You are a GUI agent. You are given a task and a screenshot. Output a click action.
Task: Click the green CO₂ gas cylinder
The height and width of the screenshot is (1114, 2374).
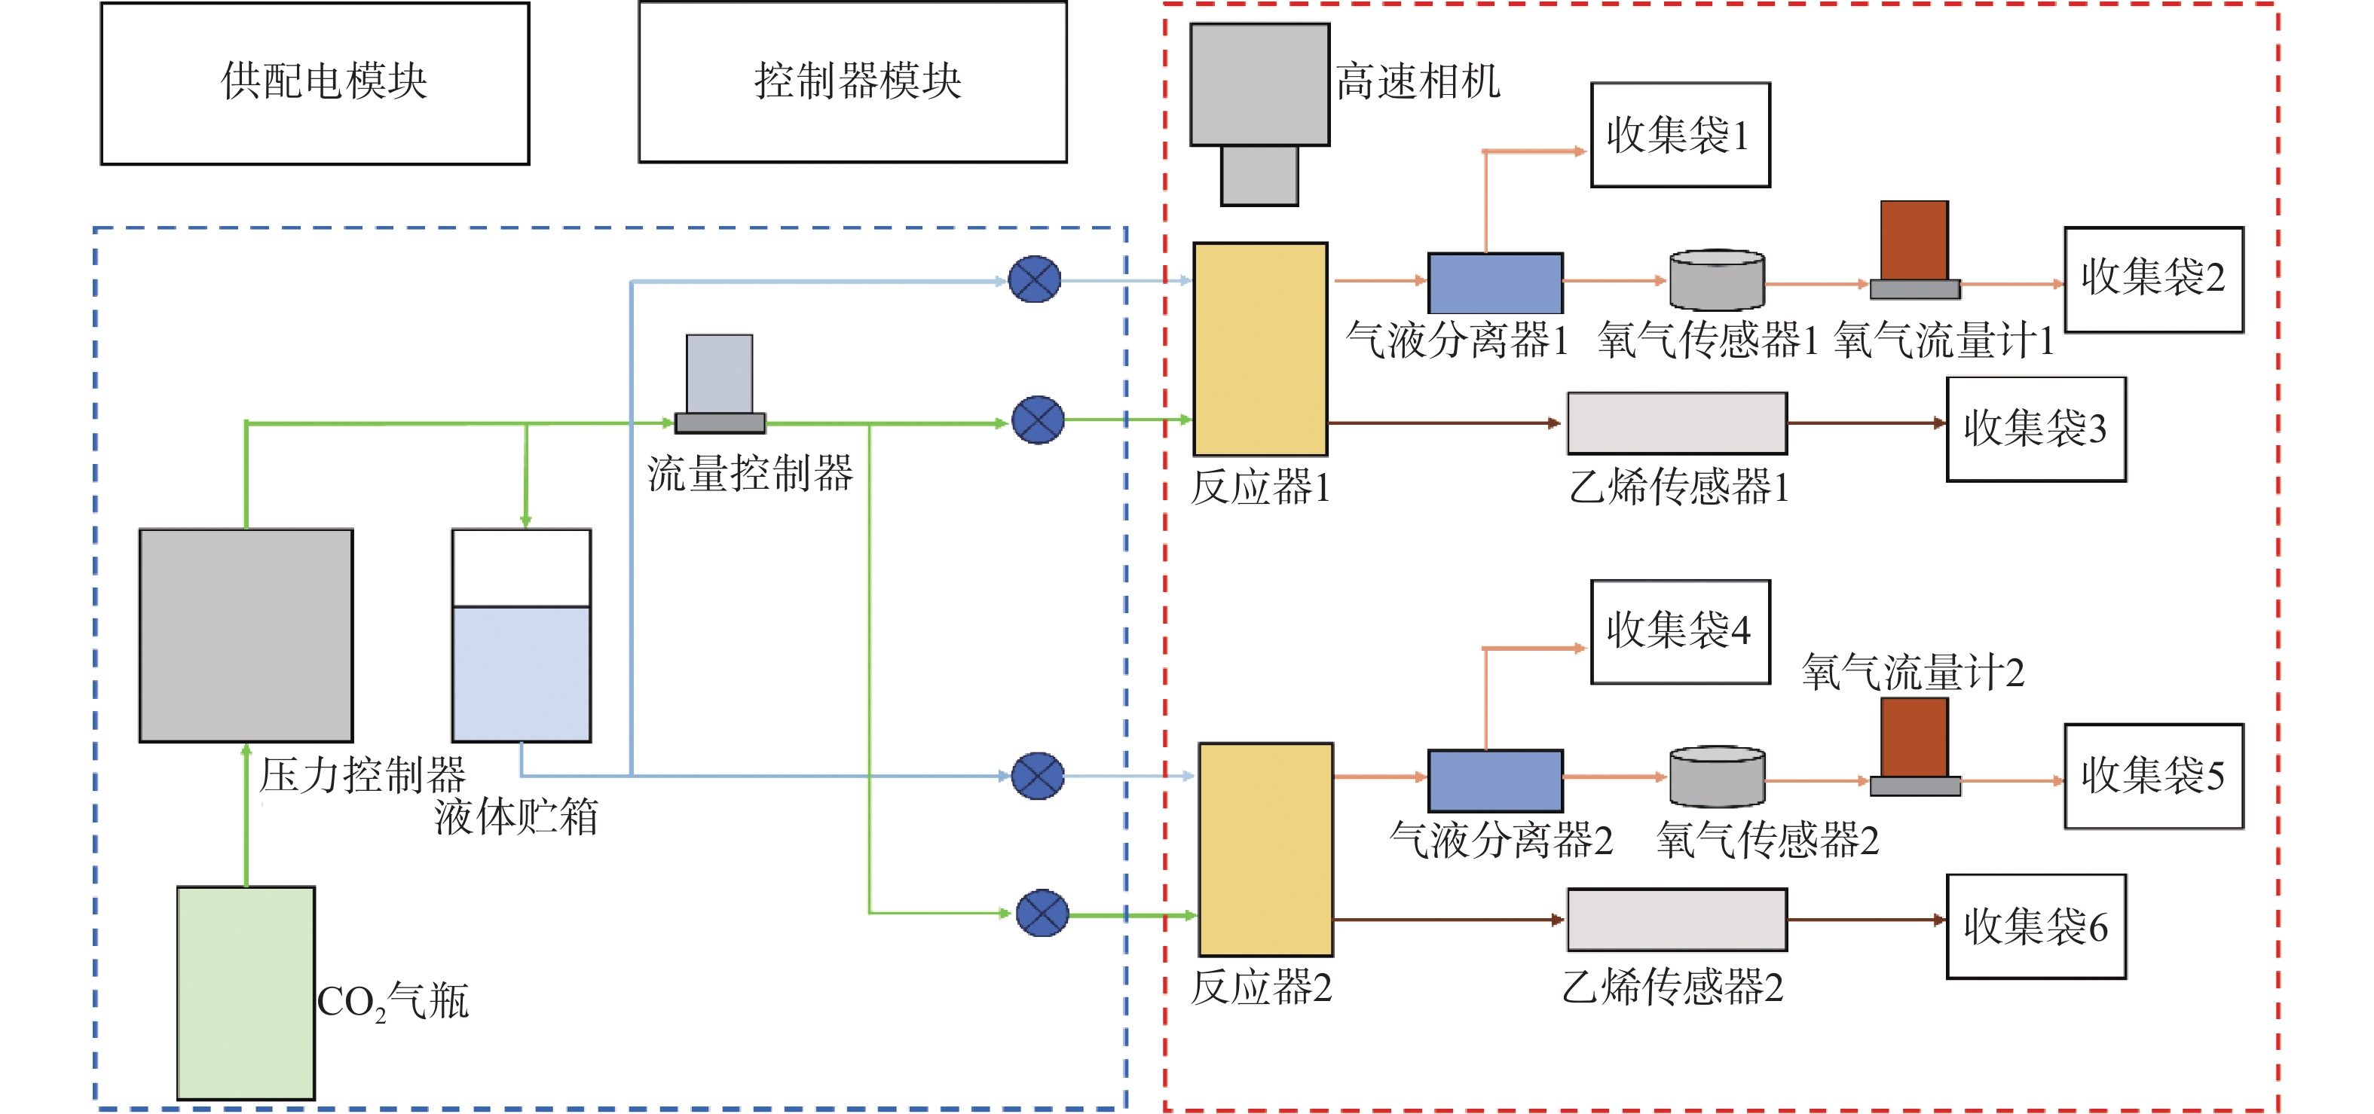[246, 993]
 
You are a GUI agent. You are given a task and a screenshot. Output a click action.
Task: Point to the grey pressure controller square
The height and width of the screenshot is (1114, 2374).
[246, 635]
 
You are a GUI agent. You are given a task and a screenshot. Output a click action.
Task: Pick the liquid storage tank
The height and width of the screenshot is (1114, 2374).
[522, 635]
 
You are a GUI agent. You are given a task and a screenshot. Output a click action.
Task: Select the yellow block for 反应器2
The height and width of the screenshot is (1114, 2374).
[1265, 850]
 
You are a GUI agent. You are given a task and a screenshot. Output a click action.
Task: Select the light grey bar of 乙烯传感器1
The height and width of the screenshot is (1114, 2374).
[1678, 423]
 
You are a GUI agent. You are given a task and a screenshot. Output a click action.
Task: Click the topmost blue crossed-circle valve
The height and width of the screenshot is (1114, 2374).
[1034, 279]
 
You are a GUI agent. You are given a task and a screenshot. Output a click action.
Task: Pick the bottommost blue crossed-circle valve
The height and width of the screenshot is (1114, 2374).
[1042, 913]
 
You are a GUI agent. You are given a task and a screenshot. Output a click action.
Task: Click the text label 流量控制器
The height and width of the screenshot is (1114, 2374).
[750, 474]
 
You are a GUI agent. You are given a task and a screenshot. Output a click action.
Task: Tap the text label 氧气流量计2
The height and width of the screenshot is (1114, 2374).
[1914, 673]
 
